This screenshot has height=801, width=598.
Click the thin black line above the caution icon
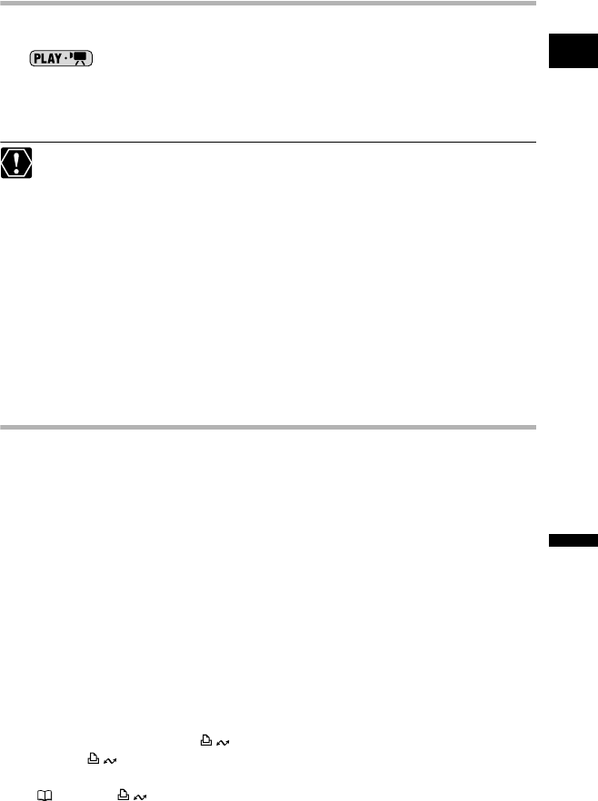(273, 142)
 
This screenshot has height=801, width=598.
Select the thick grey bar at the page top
(273, 4)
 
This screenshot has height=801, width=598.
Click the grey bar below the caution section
(273, 426)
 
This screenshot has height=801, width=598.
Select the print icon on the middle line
(92, 733)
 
